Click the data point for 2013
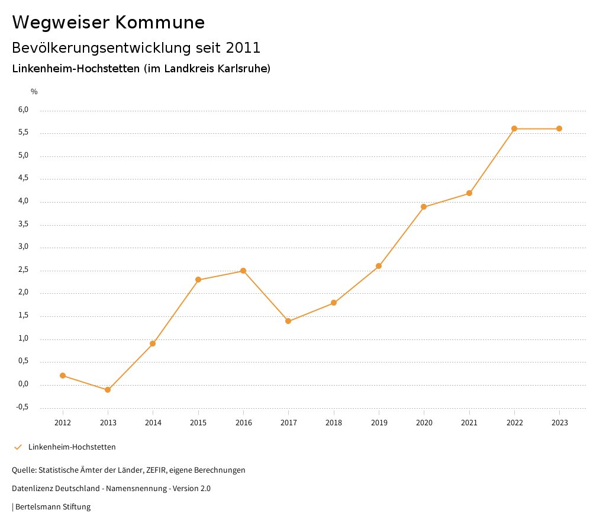(x=108, y=390)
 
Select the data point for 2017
(x=288, y=321)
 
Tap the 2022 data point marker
(x=514, y=129)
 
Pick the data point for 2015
(x=198, y=280)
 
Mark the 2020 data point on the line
(x=424, y=207)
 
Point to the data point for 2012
(x=63, y=376)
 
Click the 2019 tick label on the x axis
(x=379, y=422)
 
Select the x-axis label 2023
(x=559, y=422)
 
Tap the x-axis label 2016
(x=243, y=422)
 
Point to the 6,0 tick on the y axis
(x=23, y=110)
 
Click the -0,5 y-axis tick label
(x=22, y=407)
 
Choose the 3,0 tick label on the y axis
(x=23, y=247)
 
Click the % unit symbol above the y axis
(x=34, y=92)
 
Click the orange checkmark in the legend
(x=18, y=447)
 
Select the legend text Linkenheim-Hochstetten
(x=72, y=447)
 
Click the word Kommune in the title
(x=160, y=23)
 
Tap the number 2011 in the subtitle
(x=243, y=47)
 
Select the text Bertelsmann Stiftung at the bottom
(x=53, y=507)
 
